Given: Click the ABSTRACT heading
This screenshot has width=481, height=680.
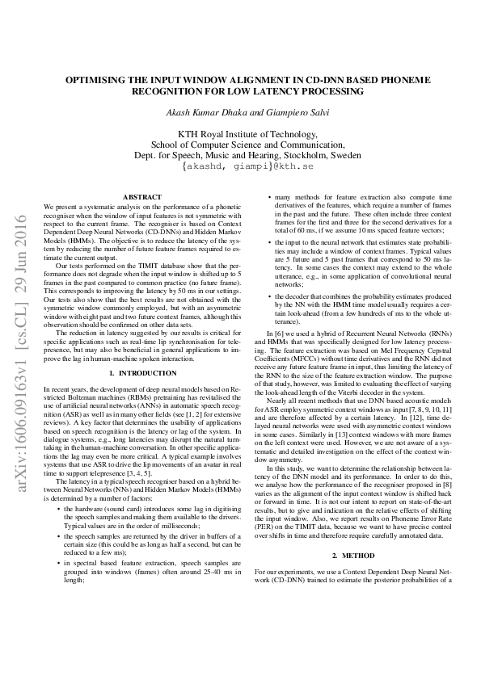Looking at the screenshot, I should (141, 197).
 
